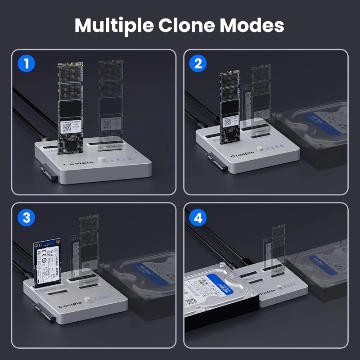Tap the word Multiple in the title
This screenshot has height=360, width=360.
click(x=114, y=26)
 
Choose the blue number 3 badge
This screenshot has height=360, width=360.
click(x=27, y=218)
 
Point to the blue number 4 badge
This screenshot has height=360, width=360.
click(x=198, y=218)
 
